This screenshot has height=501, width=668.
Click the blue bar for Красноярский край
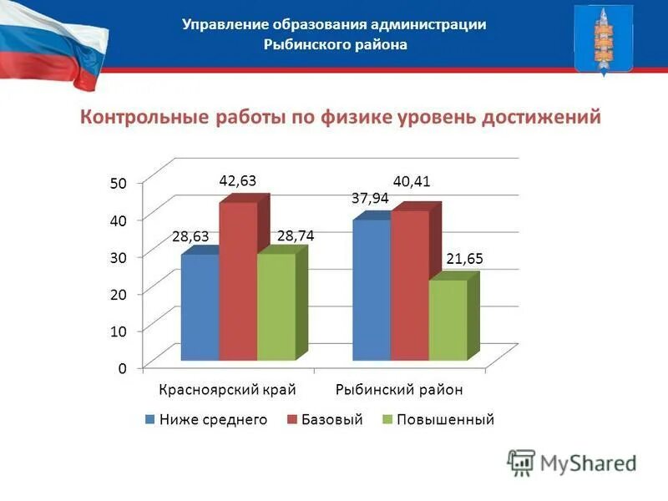point(200,307)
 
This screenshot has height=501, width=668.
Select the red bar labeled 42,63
point(238,281)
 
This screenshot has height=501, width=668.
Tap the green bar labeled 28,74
point(276,307)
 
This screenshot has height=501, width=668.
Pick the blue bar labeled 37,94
point(372,290)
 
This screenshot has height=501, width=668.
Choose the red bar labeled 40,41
point(409,286)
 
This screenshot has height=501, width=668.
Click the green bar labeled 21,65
point(447,320)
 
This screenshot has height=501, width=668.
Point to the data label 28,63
point(190,237)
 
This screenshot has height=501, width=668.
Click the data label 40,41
point(412,181)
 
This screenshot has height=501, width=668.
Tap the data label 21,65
point(465,260)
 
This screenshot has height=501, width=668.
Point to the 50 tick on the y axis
point(118,184)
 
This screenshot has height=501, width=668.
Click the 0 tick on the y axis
point(122,367)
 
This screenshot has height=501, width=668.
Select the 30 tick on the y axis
point(118,257)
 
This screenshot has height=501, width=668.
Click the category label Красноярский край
point(228,390)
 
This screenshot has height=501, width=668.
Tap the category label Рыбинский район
point(399,390)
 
